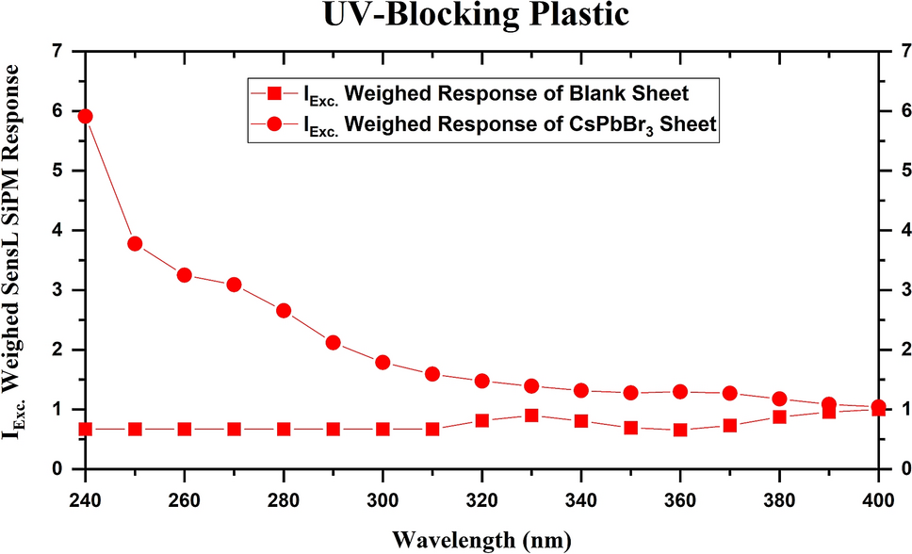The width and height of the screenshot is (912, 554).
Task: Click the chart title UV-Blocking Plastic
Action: pos(455,16)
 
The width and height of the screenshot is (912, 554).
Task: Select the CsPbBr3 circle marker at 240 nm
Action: pos(85,116)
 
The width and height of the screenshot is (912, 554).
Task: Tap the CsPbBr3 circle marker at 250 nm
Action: pos(135,244)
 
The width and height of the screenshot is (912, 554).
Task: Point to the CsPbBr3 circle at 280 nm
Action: pos(284,311)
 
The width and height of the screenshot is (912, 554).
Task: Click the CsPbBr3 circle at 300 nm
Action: pos(383,363)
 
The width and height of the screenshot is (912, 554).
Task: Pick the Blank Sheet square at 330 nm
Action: pos(531,415)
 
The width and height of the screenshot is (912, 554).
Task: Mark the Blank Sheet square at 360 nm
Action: pos(680,430)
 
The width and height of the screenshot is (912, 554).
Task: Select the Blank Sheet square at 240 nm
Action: pos(85,429)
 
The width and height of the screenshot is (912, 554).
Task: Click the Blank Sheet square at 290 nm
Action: pos(333,429)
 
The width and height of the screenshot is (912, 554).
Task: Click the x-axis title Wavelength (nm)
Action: pos(455,539)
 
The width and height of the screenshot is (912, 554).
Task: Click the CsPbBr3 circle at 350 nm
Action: pos(630,393)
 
